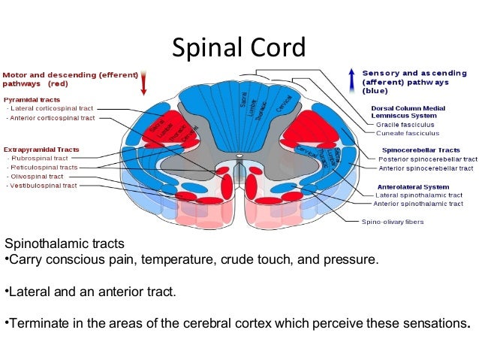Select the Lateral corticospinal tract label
point(53,109)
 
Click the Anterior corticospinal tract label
point(53,118)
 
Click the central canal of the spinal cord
point(239,159)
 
